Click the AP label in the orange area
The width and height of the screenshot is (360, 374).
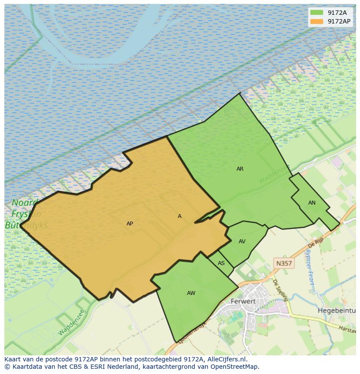[130, 224]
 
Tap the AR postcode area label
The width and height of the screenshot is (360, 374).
[240, 169]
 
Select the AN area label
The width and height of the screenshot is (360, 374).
[312, 203]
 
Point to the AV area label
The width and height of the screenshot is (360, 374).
[242, 242]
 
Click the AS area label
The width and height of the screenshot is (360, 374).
[221, 263]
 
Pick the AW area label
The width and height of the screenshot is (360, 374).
[191, 293]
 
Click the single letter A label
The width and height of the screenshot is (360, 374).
[180, 216]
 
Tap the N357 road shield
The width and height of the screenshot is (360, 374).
[284, 263]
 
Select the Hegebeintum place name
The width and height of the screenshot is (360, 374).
[337, 311]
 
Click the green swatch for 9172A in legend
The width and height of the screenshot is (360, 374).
[317, 13]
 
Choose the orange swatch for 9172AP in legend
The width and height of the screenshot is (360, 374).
[317, 21]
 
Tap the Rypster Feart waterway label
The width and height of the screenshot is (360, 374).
[310, 267]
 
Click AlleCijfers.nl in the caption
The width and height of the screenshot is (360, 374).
[226, 359]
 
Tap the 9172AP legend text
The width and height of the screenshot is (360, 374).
[339, 21]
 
